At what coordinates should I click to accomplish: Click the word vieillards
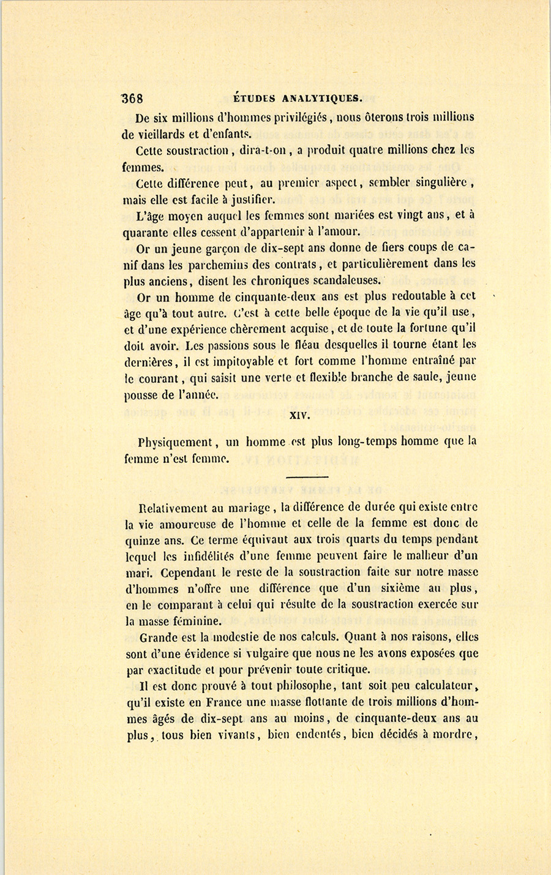click(x=172, y=133)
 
